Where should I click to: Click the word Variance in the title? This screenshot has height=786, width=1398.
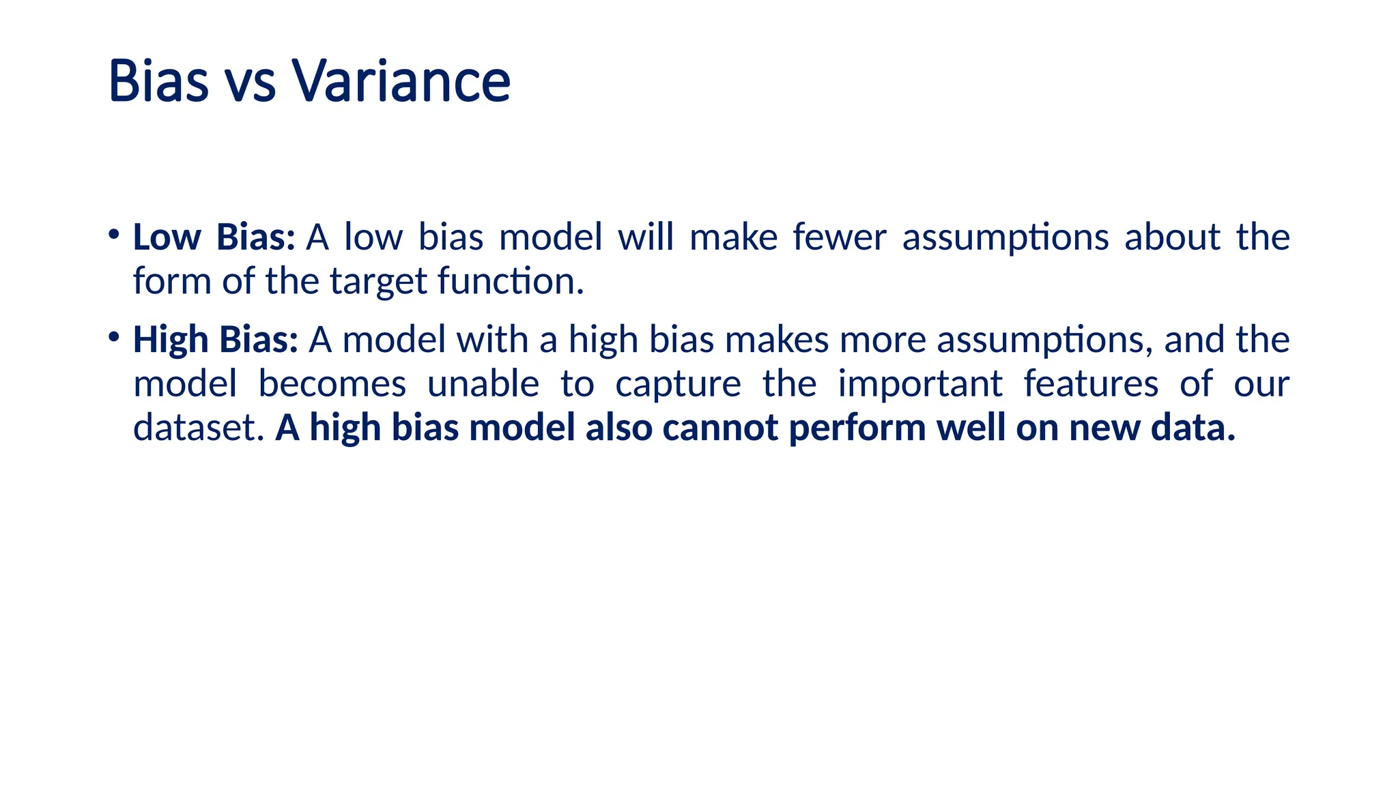click(x=401, y=81)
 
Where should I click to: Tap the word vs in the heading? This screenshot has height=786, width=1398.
click(x=250, y=83)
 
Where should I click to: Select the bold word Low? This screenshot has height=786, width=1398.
click(x=167, y=237)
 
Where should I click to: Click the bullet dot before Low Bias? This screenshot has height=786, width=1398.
click(x=114, y=235)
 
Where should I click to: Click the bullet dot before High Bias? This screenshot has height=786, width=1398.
click(x=114, y=336)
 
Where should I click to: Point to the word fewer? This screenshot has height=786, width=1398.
click(x=839, y=237)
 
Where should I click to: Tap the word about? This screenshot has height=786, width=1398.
click(x=1172, y=237)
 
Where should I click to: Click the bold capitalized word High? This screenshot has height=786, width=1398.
click(x=170, y=340)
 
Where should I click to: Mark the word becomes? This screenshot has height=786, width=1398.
click(x=332, y=383)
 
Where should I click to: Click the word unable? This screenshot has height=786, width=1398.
click(x=483, y=383)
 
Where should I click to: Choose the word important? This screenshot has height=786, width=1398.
click(x=919, y=385)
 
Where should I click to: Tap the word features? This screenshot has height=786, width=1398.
click(x=1091, y=383)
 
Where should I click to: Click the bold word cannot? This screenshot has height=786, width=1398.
click(x=720, y=428)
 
